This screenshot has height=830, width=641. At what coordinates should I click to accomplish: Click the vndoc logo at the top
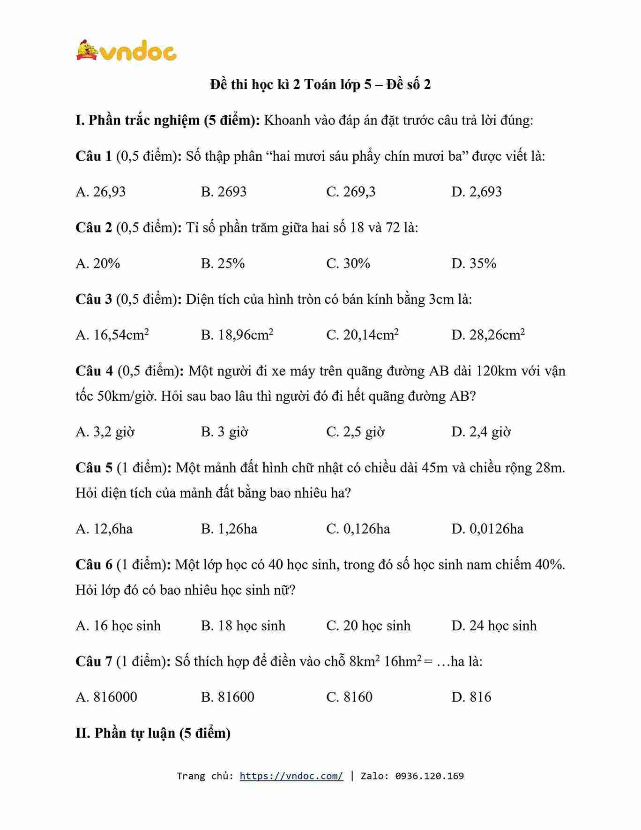point(127,51)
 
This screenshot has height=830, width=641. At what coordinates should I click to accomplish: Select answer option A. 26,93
point(101,192)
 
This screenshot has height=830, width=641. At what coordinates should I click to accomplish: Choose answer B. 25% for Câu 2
point(223,263)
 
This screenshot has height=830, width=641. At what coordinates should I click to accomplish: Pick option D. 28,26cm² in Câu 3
point(488,335)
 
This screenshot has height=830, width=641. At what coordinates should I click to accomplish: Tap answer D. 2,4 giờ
point(481,432)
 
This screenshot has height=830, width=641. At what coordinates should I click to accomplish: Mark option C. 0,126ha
point(358,529)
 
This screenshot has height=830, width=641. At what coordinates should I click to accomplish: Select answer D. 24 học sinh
point(494,626)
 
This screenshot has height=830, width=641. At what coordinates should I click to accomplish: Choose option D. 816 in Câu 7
point(471,697)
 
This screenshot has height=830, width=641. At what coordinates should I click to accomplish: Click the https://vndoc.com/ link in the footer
point(291,776)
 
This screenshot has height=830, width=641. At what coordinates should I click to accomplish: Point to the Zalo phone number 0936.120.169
point(429,776)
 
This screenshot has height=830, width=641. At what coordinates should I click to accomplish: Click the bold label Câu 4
point(94,371)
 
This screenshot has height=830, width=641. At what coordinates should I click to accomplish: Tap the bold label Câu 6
point(94,565)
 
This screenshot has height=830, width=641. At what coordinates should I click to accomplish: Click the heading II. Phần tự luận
point(153,733)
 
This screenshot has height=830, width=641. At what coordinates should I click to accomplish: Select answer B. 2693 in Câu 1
point(224,192)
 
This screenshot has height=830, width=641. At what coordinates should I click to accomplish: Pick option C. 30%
point(348,263)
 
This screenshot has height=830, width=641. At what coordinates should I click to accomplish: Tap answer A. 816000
point(106,697)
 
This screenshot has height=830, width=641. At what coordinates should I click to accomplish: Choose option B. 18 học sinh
point(243,626)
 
